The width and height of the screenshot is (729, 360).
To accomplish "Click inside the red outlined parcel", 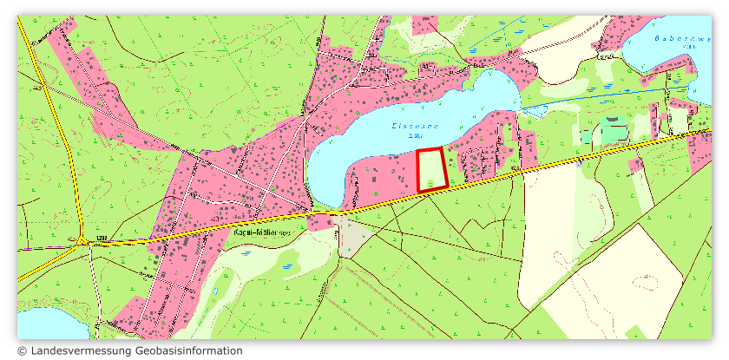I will (x=431, y=170).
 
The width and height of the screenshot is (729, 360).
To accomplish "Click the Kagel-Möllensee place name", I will (x=263, y=232).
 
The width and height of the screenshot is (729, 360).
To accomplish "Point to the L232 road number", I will (x=100, y=237).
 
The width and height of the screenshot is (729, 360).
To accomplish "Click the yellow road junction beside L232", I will (x=82, y=243).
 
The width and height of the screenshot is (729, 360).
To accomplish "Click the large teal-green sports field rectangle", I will (x=613, y=131).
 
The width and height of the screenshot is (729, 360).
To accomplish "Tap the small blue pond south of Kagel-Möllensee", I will (x=246, y=253).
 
